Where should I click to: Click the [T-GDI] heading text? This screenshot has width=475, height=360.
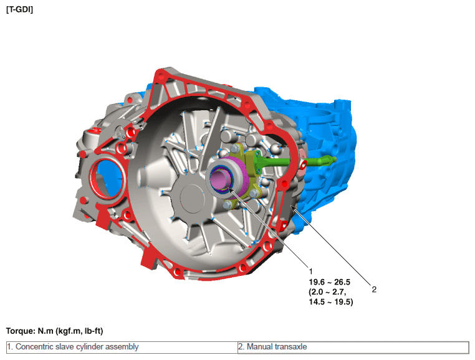tap(19, 10)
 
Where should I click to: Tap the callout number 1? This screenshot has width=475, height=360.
tap(310, 272)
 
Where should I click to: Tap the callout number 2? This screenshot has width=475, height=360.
tap(374, 290)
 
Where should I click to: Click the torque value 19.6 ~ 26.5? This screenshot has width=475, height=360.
tap(330, 282)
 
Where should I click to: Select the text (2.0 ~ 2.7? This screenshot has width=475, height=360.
tap(327, 292)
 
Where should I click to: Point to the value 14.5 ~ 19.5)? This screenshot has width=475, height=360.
tap(331, 302)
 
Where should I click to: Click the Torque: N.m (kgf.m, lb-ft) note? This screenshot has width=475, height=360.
tap(54, 331)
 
